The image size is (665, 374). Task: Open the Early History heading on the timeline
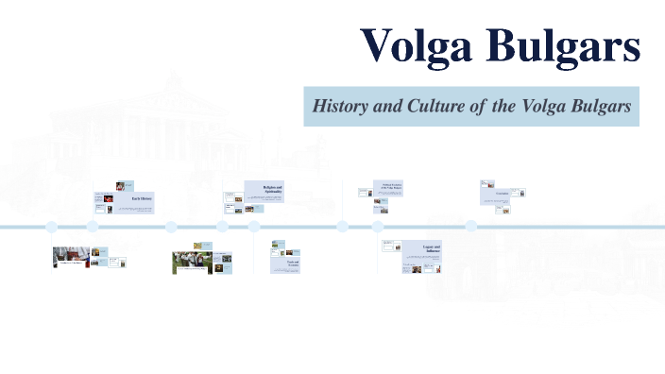click(x=141, y=199)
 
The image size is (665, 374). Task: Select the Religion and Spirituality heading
click(x=272, y=190)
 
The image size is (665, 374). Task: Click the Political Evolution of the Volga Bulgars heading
click(x=391, y=187)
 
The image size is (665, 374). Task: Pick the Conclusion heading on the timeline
click(x=503, y=194)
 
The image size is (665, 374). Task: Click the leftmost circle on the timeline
click(x=52, y=227)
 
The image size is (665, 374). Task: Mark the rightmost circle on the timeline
click(x=470, y=227)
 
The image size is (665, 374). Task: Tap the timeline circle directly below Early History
click(x=93, y=227)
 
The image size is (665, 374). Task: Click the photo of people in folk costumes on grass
click(x=191, y=262)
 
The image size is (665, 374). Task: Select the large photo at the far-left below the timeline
click(x=70, y=257)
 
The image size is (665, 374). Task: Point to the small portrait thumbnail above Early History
click(x=120, y=186)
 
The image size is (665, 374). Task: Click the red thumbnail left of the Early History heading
click(x=98, y=198)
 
